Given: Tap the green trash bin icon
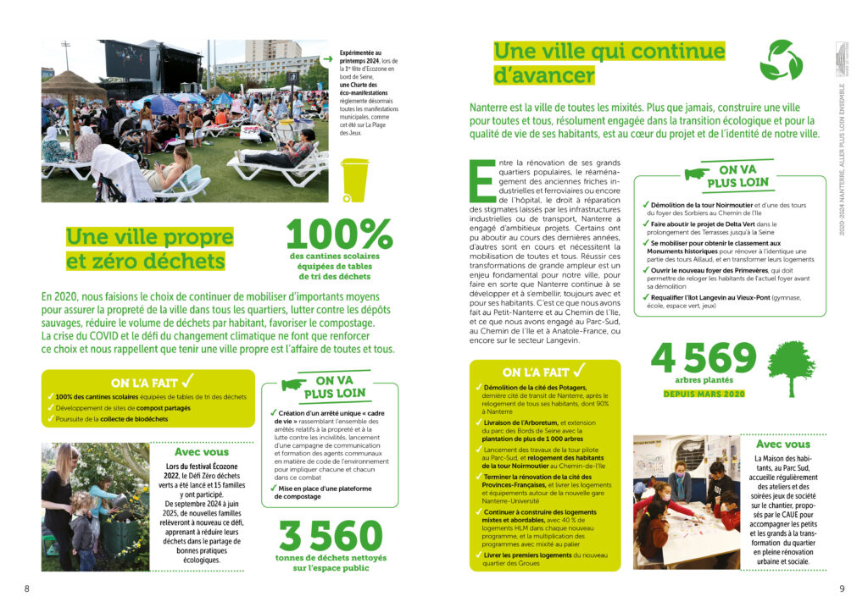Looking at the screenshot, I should point(354,179).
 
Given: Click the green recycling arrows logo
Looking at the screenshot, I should point(780,60).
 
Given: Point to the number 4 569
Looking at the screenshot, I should point(703,359).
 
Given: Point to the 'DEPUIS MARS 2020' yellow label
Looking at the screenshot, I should point(704,394).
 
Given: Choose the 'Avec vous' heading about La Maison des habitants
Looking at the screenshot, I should point(782,444).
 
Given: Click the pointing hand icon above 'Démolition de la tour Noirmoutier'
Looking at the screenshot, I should point(697,173).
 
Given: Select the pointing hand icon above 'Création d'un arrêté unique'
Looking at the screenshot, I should point(293,384).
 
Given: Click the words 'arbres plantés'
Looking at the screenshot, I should point(704,380).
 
